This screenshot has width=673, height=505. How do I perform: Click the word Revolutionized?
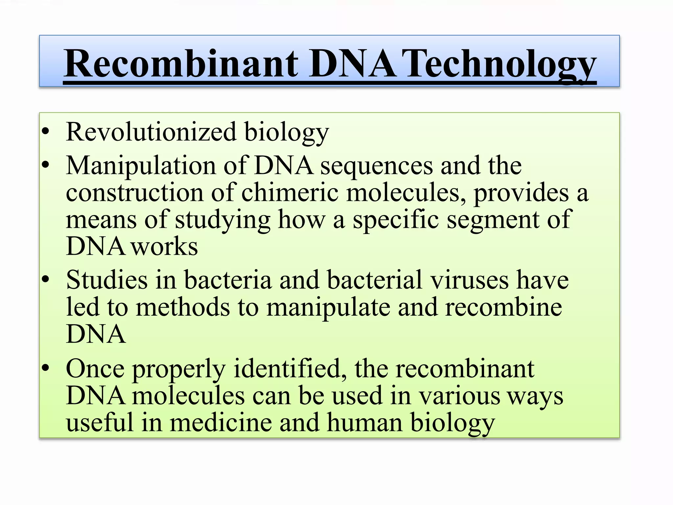(x=151, y=132)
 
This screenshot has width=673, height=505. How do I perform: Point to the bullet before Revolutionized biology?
(x=46, y=132)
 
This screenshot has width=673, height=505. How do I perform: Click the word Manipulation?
(x=141, y=165)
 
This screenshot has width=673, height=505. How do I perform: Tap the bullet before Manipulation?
(x=46, y=164)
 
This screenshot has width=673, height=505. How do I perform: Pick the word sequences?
(x=377, y=165)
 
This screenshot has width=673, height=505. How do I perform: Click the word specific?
(x=396, y=220)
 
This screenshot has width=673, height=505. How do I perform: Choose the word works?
(x=165, y=247)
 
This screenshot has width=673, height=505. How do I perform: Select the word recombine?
(x=503, y=307)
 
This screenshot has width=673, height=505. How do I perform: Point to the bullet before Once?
(x=46, y=367)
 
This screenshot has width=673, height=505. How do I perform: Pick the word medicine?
(x=221, y=423)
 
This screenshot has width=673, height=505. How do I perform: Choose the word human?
(x=365, y=423)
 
